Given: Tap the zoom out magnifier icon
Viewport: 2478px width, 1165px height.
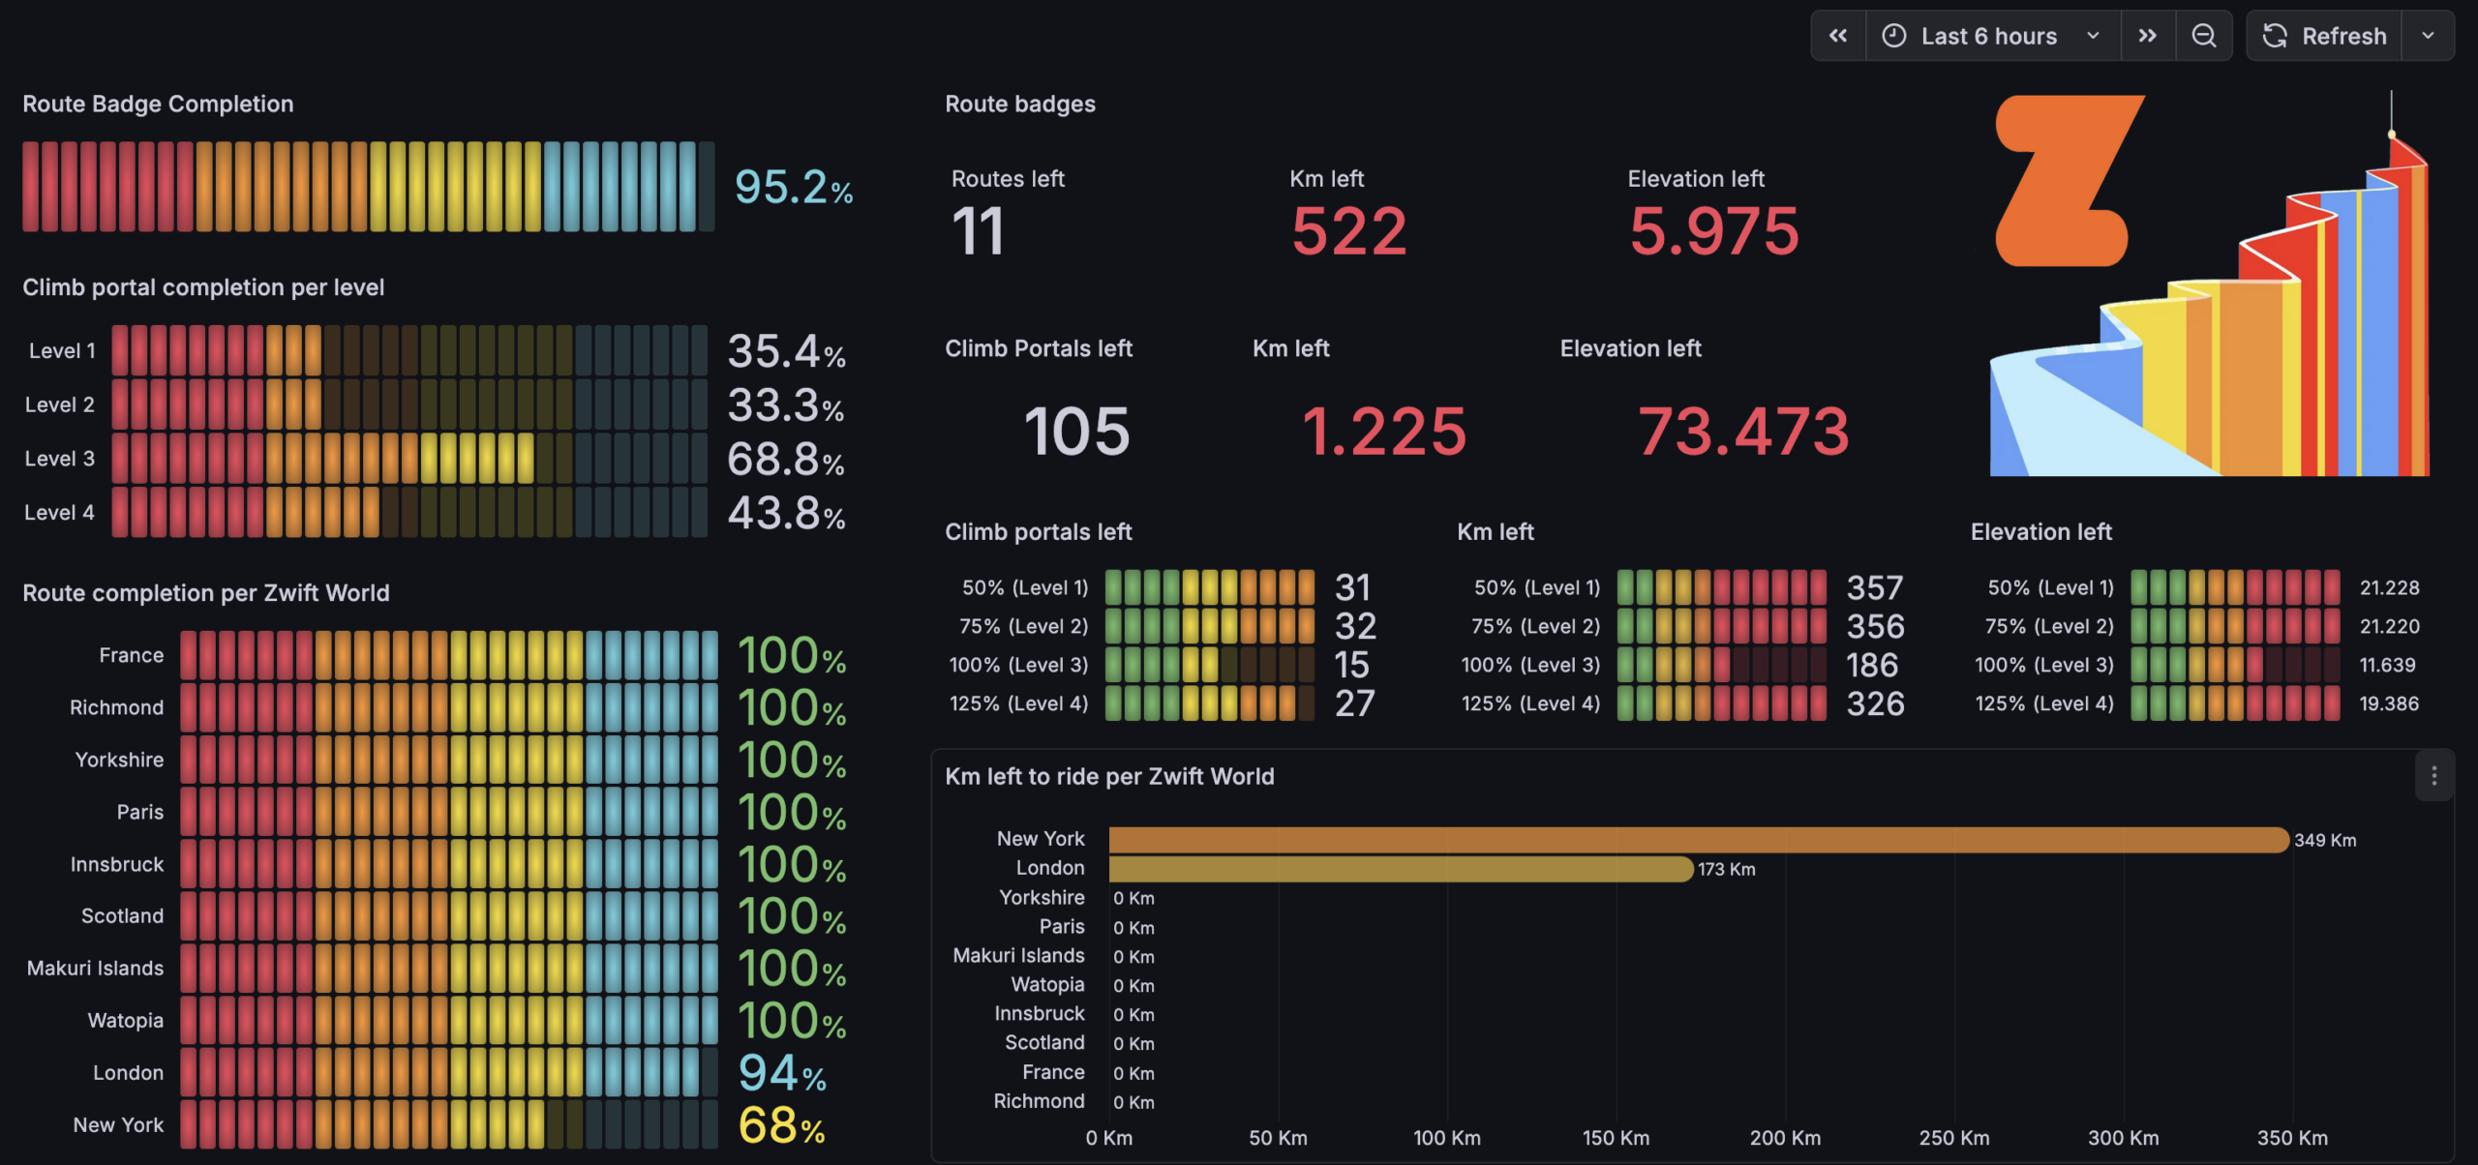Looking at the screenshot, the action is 2204,36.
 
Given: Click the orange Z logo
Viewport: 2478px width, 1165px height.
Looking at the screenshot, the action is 2070,180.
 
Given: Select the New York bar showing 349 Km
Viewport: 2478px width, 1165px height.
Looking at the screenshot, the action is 1699,840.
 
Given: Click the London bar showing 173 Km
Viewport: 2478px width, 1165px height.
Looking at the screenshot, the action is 1401,869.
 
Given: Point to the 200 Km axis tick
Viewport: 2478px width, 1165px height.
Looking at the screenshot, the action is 1785,1138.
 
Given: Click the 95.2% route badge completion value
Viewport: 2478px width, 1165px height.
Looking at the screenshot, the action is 794,187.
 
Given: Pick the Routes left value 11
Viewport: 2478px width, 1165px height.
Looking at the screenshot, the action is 978,232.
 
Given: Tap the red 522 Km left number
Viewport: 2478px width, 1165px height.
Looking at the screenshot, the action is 1348,232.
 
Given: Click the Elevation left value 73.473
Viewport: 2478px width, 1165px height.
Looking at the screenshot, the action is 1743,431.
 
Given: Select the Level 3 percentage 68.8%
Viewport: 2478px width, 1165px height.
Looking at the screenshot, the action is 786,460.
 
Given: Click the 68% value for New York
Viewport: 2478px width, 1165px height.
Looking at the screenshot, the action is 781,1125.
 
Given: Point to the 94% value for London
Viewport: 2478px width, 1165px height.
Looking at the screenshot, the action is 782,1073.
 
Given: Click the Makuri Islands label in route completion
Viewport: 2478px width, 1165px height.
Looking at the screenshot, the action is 95,969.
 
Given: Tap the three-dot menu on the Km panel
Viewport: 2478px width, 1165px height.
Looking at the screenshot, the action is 2433,776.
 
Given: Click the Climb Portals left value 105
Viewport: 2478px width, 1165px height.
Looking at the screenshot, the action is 1076,431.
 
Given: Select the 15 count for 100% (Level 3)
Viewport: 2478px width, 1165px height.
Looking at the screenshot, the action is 1352,665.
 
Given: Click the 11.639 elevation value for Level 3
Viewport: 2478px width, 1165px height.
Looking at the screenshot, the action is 2387,666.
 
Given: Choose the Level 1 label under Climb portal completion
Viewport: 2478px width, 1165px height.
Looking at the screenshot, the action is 62,351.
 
